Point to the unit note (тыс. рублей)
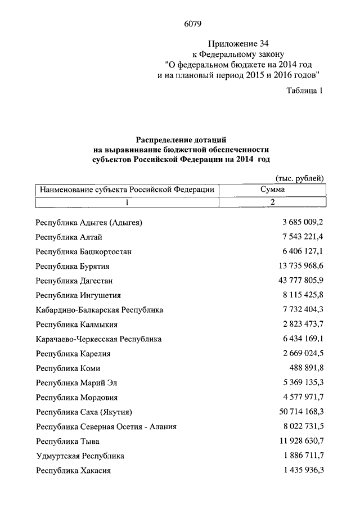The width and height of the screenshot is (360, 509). click(300, 178)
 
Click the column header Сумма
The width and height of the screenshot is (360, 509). click(272, 190)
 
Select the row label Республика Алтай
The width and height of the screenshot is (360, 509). click(69, 237)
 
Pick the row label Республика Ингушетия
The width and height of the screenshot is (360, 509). click(78, 295)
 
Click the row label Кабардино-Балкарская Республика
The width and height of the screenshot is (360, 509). click(99, 310)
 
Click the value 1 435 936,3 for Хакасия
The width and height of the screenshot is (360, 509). click(304, 471)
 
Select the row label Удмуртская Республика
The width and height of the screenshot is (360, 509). click(80, 456)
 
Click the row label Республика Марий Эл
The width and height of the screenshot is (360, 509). click(76, 383)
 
